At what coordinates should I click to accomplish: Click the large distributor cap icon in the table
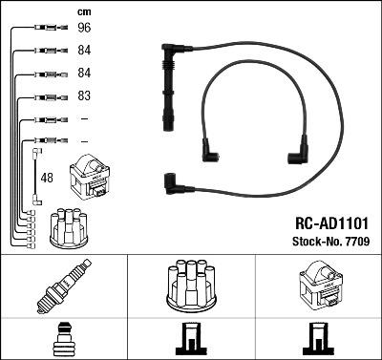pos(190,286)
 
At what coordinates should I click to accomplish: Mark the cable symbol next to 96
pos(47,29)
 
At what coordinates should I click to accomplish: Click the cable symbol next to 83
pos(47,97)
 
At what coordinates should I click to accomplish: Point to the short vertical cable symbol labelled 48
pos(35,173)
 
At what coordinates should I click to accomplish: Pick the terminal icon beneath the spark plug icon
pos(64,339)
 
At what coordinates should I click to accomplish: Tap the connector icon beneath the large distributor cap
pos(190,340)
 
